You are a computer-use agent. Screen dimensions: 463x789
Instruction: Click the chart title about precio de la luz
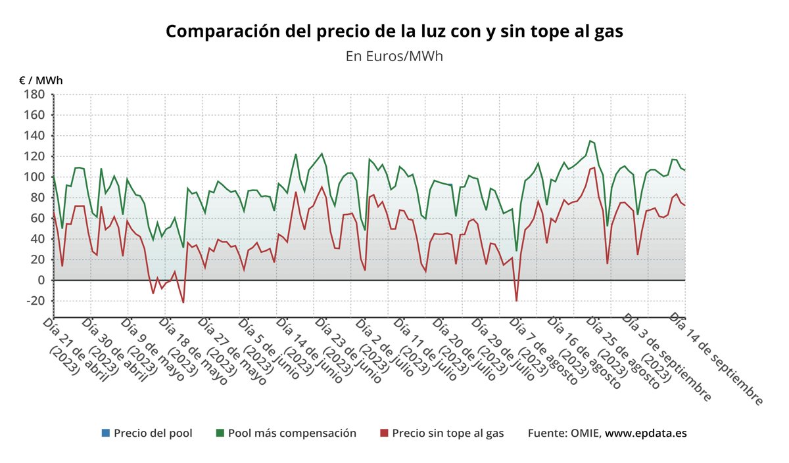[x=394, y=32]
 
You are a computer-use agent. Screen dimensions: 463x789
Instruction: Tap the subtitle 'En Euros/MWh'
[x=394, y=56]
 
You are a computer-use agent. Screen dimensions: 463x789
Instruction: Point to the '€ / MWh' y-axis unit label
[x=41, y=80]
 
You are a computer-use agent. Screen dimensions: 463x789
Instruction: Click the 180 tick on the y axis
[x=34, y=95]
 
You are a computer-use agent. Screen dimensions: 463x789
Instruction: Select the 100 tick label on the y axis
[x=34, y=177]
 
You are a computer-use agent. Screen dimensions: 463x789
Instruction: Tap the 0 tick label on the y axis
[x=40, y=280]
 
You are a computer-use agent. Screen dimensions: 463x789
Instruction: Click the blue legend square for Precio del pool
[x=106, y=433]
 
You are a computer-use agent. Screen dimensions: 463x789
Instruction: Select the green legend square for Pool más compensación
[x=220, y=433]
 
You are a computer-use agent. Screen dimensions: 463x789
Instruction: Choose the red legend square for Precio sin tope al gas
[x=385, y=433]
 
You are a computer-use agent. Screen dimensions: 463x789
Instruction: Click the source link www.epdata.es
[x=646, y=433]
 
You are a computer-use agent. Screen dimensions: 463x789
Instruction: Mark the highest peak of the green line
[x=590, y=141]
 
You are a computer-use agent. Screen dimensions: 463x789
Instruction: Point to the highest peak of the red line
[x=594, y=167]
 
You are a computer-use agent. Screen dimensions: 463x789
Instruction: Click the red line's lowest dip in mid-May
[x=183, y=302]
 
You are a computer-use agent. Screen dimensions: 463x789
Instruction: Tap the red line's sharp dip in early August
[x=516, y=301]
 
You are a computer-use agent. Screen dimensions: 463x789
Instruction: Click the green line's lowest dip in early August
[x=516, y=251]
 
